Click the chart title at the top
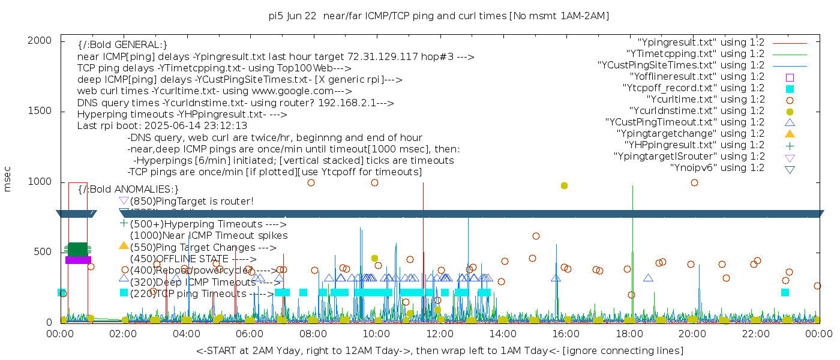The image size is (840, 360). point(439,16)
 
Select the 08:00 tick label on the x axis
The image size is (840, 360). point(313,333)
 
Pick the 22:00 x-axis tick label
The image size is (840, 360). point(754,333)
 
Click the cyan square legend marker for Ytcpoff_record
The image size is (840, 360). point(790,89)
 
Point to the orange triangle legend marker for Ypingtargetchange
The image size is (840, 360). point(790,134)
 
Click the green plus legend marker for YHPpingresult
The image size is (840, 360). point(790,145)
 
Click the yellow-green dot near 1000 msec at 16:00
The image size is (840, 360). point(564,186)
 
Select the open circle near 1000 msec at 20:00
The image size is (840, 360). point(694,183)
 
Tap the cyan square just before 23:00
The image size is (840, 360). point(785,292)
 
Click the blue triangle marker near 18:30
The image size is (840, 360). point(648,278)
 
